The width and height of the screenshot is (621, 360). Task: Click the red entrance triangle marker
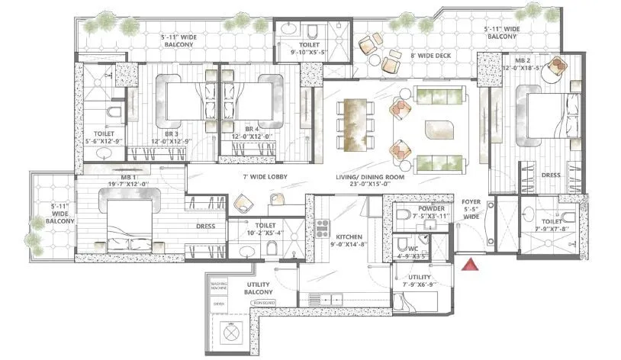(x=471, y=265)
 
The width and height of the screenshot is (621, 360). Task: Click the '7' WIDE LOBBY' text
(x=243, y=176)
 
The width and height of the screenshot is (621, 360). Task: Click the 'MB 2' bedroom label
(x=523, y=60)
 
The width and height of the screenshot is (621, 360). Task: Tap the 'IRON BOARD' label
(x=262, y=303)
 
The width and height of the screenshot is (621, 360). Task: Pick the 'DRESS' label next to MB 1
(x=205, y=226)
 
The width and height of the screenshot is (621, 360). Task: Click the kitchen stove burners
(x=322, y=227)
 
